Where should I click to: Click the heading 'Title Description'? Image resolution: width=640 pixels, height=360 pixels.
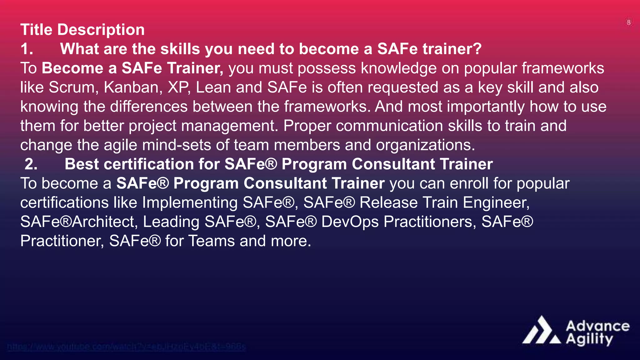pyautogui.click(x=82, y=30)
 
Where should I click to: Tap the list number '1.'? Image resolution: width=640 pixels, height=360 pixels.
pyautogui.click(x=27, y=49)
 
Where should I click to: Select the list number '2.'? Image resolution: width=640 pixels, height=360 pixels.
pyautogui.click(x=31, y=164)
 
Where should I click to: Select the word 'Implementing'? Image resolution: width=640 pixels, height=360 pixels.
pyautogui.click(x=190, y=203)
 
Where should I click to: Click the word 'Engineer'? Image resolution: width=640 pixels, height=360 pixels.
pyautogui.click(x=496, y=203)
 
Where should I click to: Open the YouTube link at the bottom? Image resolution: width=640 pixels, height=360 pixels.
pyautogui.click(x=126, y=347)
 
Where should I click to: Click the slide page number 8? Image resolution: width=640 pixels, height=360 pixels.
pyautogui.click(x=629, y=22)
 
